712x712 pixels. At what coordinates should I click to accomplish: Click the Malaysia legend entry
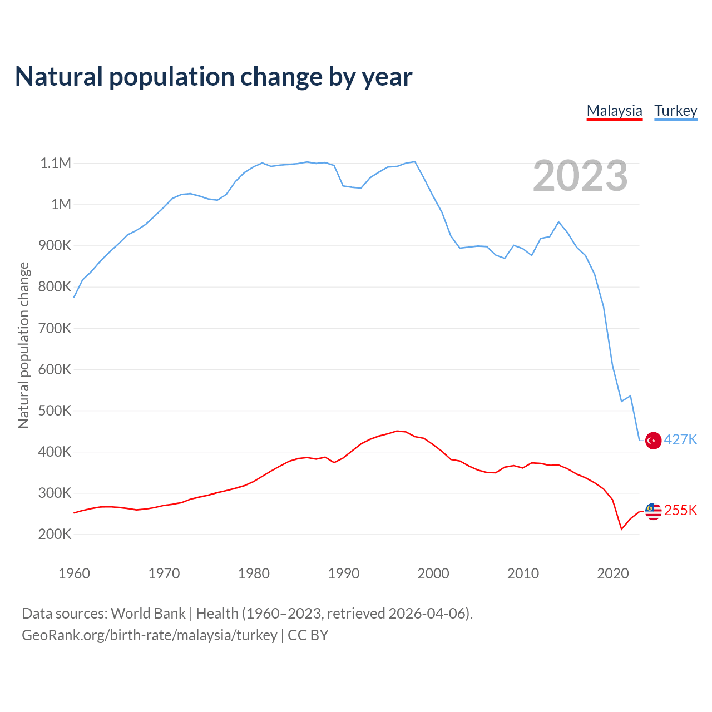point(614,111)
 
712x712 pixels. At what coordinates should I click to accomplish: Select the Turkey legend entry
point(675,111)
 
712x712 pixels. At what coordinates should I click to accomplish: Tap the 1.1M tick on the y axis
point(56,163)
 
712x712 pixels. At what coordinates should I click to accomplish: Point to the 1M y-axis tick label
point(61,204)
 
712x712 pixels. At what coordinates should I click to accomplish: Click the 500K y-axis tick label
point(56,411)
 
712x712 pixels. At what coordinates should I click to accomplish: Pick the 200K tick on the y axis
point(56,535)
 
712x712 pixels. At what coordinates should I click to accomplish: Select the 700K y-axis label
point(56,328)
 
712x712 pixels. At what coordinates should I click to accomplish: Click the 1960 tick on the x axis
point(74,573)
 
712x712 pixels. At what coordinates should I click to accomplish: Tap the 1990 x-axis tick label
point(343,573)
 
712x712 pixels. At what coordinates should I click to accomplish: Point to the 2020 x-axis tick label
point(612,573)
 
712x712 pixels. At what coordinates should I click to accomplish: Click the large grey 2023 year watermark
point(580,176)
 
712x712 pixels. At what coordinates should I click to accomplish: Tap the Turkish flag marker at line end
point(653,441)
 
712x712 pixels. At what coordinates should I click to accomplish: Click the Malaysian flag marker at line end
point(653,511)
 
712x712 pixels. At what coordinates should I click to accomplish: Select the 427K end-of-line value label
point(680,439)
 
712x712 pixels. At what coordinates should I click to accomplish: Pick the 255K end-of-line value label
point(680,510)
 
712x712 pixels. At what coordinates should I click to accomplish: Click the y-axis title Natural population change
point(23,345)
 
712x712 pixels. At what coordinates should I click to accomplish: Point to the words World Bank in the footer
point(148,613)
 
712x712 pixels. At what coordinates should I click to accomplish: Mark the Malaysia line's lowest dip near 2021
point(621,529)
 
